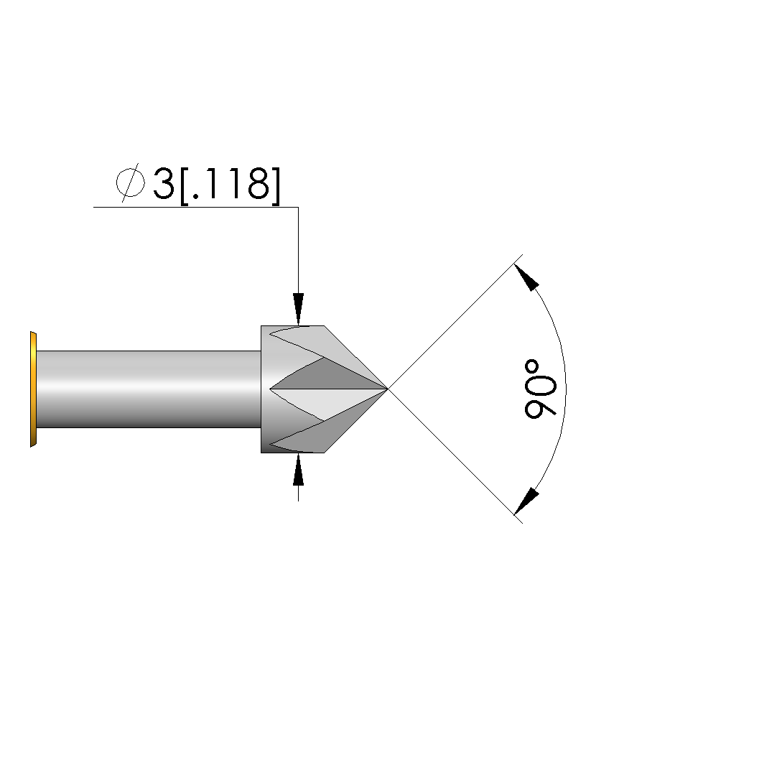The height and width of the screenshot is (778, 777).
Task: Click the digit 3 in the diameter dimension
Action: point(164,184)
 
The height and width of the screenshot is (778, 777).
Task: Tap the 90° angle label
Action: point(541,389)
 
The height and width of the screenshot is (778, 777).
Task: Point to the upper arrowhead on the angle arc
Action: point(526,277)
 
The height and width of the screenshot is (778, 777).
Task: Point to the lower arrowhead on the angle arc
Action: point(526,501)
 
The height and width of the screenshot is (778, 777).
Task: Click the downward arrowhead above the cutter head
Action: point(298,309)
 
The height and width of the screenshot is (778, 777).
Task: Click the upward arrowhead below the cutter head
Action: point(298,469)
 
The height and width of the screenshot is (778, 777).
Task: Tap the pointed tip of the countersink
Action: point(387,389)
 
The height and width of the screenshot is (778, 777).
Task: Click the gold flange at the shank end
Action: point(33,389)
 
